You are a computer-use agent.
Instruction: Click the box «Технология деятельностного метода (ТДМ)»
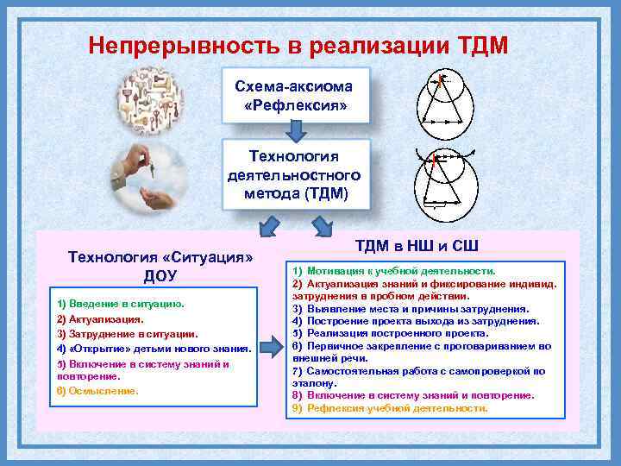point(296,173)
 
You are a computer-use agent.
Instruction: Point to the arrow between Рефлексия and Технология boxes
point(296,130)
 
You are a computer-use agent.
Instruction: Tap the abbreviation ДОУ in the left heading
point(159,275)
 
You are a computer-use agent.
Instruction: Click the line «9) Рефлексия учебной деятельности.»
point(390,408)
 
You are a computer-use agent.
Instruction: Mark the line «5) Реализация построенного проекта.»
point(390,332)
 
